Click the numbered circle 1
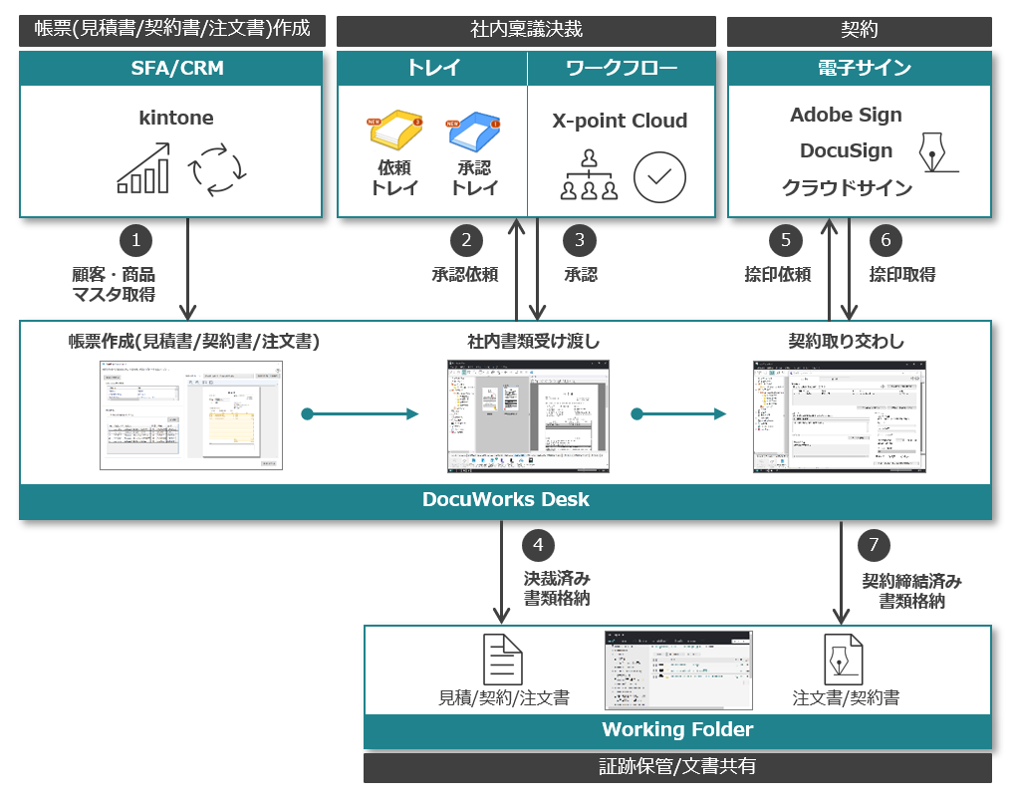pos(135,240)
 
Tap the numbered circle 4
pos(538,545)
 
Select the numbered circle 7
pos(874,545)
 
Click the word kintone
pos(176,118)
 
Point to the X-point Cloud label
pos(620,121)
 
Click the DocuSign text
pos(846,150)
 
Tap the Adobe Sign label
pos(846,115)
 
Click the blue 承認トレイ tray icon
pos(473,132)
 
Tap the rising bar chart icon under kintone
pos(143,167)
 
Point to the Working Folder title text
pos(677,729)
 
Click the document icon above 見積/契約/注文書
pos(503,659)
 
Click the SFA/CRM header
pos(170,68)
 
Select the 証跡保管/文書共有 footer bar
pos(677,767)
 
